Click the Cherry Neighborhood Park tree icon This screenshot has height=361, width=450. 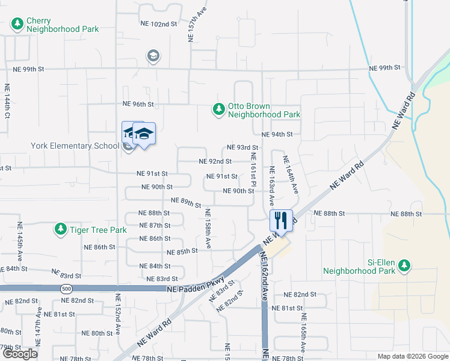click(x=17, y=24)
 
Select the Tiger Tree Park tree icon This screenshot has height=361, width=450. click(x=60, y=229)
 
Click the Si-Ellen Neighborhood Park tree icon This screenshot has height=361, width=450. click(x=405, y=265)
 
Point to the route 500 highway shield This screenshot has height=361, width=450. click(x=65, y=289)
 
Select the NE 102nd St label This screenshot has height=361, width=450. click(x=159, y=24)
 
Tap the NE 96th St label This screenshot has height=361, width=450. click(x=138, y=104)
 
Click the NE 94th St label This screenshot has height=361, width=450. click(x=277, y=134)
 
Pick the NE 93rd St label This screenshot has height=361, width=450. click(x=242, y=147)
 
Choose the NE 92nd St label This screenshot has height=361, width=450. click(x=215, y=161)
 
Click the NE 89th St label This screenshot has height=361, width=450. click(x=186, y=202)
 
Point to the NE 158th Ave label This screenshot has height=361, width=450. click(x=208, y=229)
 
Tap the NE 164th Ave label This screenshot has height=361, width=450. click(x=291, y=175)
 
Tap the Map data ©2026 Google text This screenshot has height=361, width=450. click(x=413, y=356)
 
